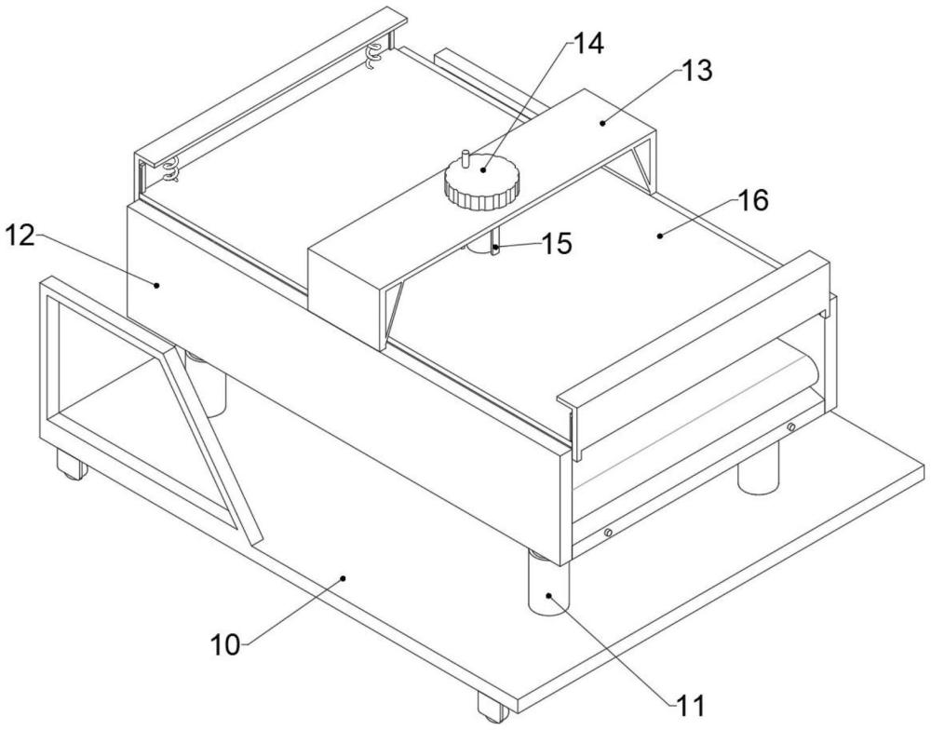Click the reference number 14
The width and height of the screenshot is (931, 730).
pos(586,44)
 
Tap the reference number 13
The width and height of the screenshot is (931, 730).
pos(695,71)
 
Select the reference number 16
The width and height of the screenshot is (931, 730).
pos(753,200)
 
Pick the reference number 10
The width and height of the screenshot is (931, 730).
pos(225,645)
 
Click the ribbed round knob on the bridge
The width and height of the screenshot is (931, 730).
pos(482,182)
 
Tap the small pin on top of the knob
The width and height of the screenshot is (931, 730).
pos(466,159)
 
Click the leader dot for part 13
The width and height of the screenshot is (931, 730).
pos(602,123)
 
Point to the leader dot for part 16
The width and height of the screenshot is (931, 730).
pos(660,236)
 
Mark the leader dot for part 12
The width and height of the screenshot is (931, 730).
pos(156,285)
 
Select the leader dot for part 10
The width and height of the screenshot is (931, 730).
pos(343,577)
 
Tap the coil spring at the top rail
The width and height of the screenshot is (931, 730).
pos(374,57)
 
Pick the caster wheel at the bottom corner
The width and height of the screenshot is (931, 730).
pos(493,707)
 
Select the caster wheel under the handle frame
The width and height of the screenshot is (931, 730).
pos(72,465)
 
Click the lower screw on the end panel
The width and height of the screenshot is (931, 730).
pos(608,533)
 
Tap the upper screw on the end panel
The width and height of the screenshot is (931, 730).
pos(790,427)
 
